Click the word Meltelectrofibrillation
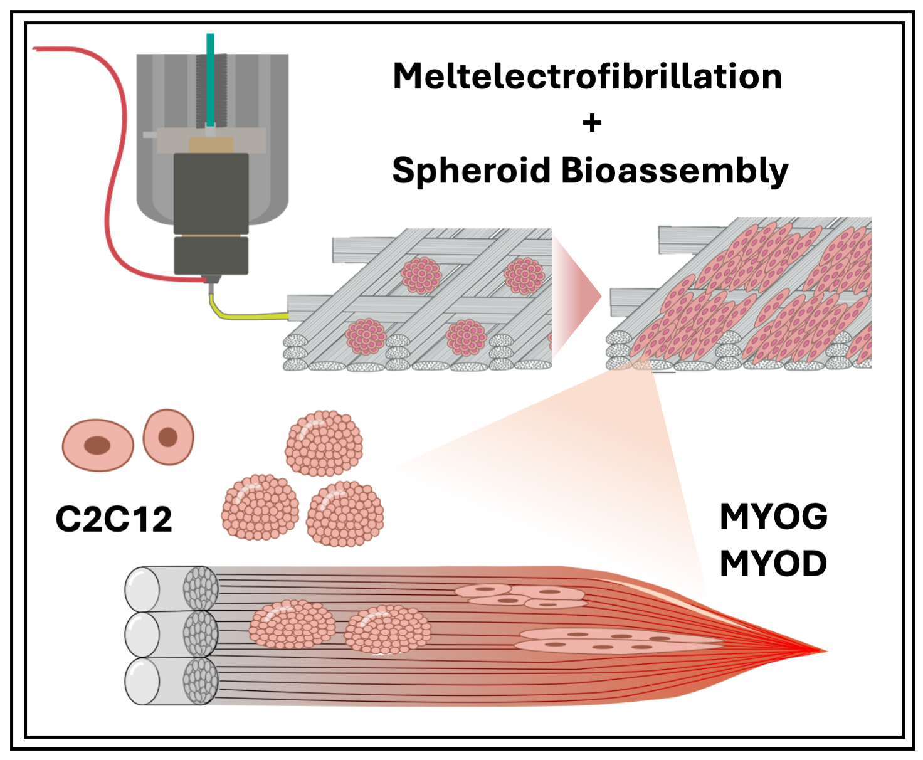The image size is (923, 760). pos(587,77)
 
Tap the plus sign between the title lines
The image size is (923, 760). pos(592,123)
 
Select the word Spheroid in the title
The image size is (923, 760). pos(471,171)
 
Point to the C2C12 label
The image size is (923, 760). pos(113,519)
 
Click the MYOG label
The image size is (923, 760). pos(773,517)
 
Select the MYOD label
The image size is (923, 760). pos(773,564)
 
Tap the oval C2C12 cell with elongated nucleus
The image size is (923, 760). pos(98,445)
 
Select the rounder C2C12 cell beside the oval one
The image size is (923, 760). pos(168,437)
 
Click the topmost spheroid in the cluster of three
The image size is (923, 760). pos(324,443)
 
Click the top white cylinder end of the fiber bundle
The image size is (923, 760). pos(142,589)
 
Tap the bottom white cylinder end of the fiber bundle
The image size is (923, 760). pos(142,682)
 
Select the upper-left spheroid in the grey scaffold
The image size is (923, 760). pos(421,275)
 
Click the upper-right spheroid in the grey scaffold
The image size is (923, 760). pos(524,275)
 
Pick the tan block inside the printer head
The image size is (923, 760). pos(211,145)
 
